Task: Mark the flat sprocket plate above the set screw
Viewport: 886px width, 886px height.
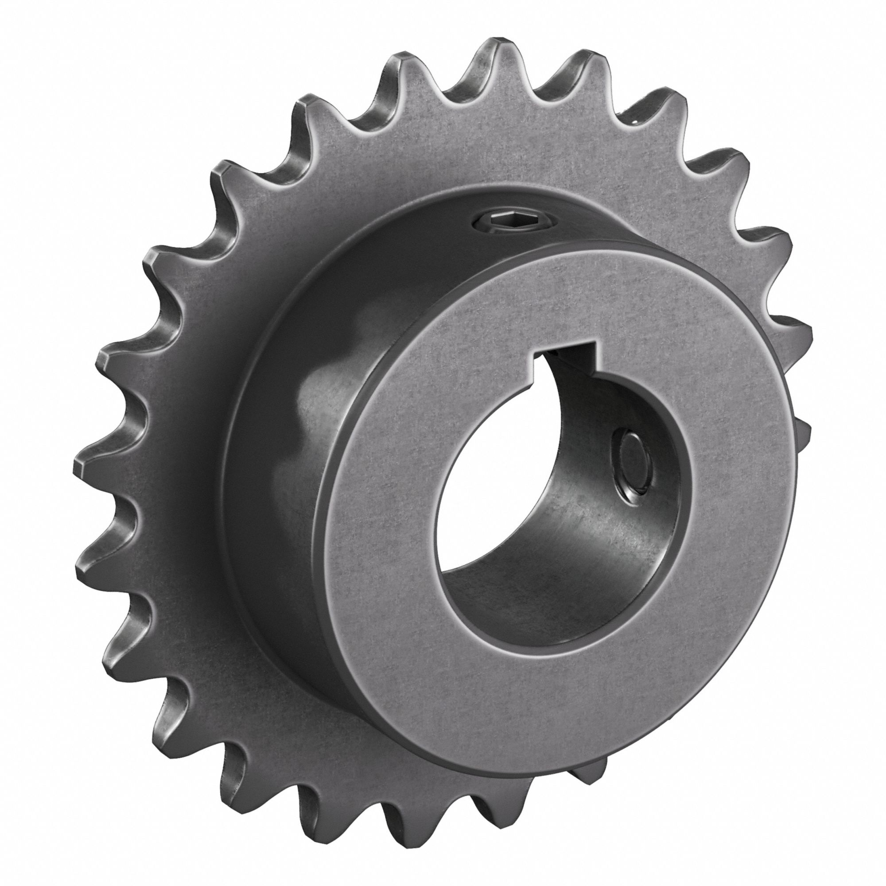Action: pos(495,147)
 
